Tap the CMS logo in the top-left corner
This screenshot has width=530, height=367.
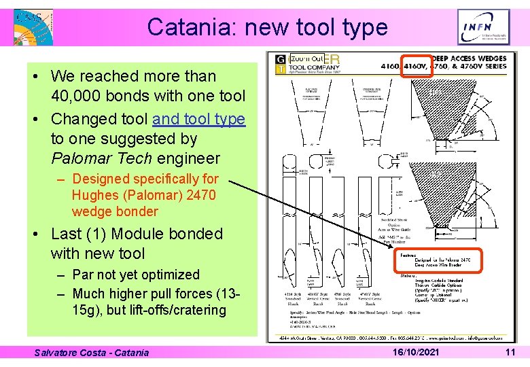pos(33,27)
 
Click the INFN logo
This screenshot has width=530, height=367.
pos(483,27)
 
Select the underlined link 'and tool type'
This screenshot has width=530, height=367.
pos(198,119)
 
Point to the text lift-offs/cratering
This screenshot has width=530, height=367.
pos(166,310)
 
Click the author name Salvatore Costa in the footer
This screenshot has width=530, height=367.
pos(70,352)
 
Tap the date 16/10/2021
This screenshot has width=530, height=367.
pos(415,352)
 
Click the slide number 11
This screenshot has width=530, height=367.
pos(510,352)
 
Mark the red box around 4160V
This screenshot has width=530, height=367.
pos(416,67)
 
